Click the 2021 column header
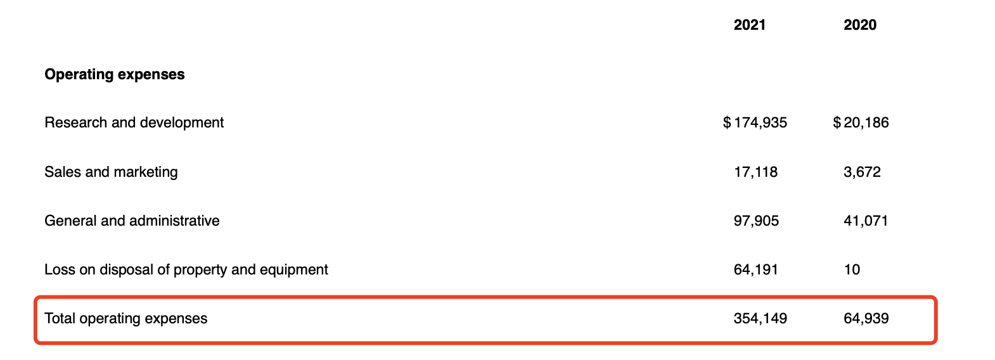(x=750, y=25)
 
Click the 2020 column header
(x=860, y=25)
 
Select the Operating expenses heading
(x=115, y=75)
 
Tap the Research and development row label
(x=134, y=123)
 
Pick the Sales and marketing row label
(x=111, y=172)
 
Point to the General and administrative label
(x=132, y=221)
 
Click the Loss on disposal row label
(x=186, y=270)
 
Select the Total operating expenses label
(x=125, y=319)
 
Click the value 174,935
(x=761, y=123)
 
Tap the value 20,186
(x=866, y=123)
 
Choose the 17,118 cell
(x=755, y=172)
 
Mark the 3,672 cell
(x=862, y=172)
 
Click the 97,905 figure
(x=756, y=221)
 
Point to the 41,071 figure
(x=866, y=221)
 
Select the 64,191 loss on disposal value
(x=755, y=270)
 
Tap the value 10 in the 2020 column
(x=852, y=270)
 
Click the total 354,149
(x=760, y=319)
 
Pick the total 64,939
(x=866, y=319)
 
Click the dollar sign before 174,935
(x=727, y=123)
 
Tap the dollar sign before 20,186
(x=837, y=123)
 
